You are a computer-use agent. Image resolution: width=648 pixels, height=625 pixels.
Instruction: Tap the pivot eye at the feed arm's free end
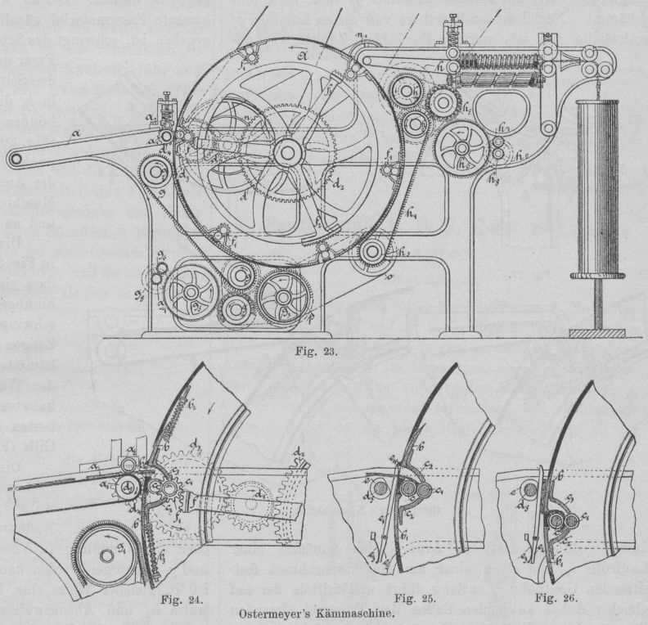(x=15, y=156)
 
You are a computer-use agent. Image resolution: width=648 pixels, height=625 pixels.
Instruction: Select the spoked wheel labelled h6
(x=461, y=147)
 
